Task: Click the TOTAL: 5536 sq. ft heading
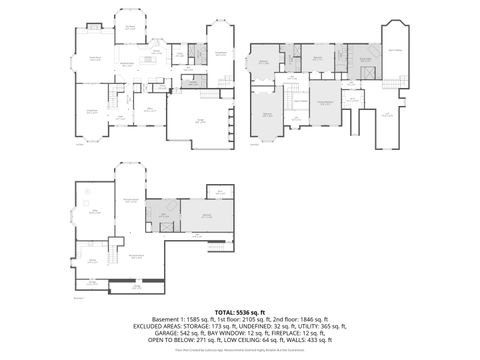[x=240, y=310]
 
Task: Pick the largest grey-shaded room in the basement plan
[x=208, y=216]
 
